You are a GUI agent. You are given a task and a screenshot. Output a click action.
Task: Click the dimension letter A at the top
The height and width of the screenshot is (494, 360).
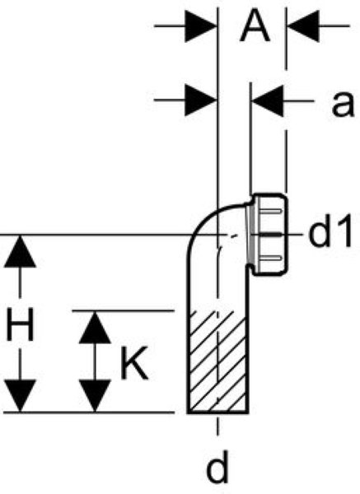pyautogui.click(x=255, y=26)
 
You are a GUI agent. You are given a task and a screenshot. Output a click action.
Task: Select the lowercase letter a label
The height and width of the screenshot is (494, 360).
pyautogui.click(x=343, y=103)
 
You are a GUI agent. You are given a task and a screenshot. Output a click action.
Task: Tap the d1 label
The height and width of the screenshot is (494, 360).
pyautogui.click(x=330, y=231)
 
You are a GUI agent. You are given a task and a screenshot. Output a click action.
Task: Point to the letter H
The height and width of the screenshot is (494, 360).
pyautogui.click(x=20, y=324)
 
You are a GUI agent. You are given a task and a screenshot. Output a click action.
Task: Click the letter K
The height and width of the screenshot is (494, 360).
pyautogui.click(x=134, y=363)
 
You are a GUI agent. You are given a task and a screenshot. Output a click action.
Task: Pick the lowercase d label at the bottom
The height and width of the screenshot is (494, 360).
pyautogui.click(x=217, y=467)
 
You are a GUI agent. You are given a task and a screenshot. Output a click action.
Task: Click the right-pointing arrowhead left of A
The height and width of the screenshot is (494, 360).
pyautogui.click(x=201, y=26)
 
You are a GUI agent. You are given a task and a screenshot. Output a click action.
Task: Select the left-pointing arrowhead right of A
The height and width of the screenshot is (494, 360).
pyautogui.click(x=303, y=26)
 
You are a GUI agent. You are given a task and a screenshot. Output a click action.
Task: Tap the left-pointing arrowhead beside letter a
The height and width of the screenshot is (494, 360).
pyautogui.click(x=268, y=100)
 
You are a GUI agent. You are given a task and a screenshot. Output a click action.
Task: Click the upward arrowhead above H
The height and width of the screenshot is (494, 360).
pyautogui.click(x=20, y=251)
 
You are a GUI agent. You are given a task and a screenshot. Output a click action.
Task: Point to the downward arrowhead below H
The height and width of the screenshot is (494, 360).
pyautogui.click(x=20, y=396)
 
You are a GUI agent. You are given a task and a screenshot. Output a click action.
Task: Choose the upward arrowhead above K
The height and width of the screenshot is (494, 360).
pyautogui.click(x=95, y=327)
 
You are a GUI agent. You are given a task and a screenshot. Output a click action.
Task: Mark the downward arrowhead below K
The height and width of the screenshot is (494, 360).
pyautogui.click(x=95, y=396)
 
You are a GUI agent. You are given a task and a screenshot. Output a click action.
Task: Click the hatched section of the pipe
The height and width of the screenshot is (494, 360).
pyautogui.click(x=217, y=361)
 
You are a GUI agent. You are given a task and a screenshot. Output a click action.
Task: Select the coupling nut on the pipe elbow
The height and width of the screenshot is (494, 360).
pyautogui.click(x=270, y=235)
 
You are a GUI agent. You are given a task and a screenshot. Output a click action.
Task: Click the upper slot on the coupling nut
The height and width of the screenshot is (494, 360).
pyautogui.click(x=270, y=211)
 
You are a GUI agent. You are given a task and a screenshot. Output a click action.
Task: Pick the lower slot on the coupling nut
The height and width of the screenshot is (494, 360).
pyautogui.click(x=270, y=259)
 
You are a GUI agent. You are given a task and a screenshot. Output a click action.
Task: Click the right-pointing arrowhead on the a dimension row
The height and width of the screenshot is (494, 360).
pyautogui.click(x=201, y=100)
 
